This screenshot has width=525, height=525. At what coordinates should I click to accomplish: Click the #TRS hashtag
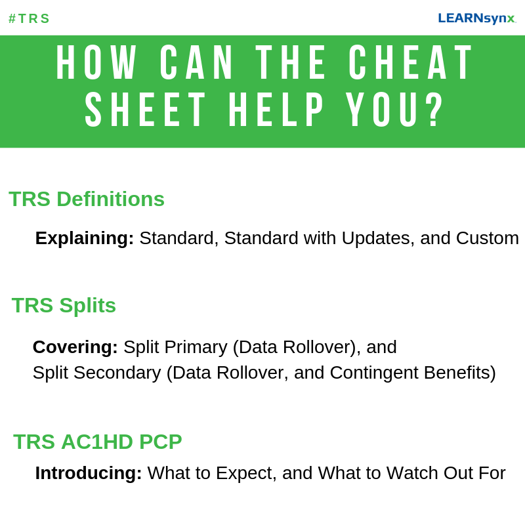(29, 18)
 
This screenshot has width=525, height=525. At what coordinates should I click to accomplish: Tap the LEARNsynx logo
(477, 18)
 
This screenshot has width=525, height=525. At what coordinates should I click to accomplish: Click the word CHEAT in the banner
(411, 64)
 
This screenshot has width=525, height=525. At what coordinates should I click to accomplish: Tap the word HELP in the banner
(276, 110)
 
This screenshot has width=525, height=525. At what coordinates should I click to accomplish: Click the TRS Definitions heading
(87, 199)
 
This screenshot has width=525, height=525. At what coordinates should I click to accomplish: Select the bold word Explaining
(85, 238)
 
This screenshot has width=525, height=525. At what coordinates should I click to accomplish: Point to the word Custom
(487, 238)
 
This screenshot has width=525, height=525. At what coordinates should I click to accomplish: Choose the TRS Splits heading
(64, 305)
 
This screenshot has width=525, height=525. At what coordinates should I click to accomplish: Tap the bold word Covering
(75, 347)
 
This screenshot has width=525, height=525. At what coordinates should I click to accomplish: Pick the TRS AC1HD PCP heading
(98, 442)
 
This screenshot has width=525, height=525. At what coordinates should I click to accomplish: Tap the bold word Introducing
(89, 473)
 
